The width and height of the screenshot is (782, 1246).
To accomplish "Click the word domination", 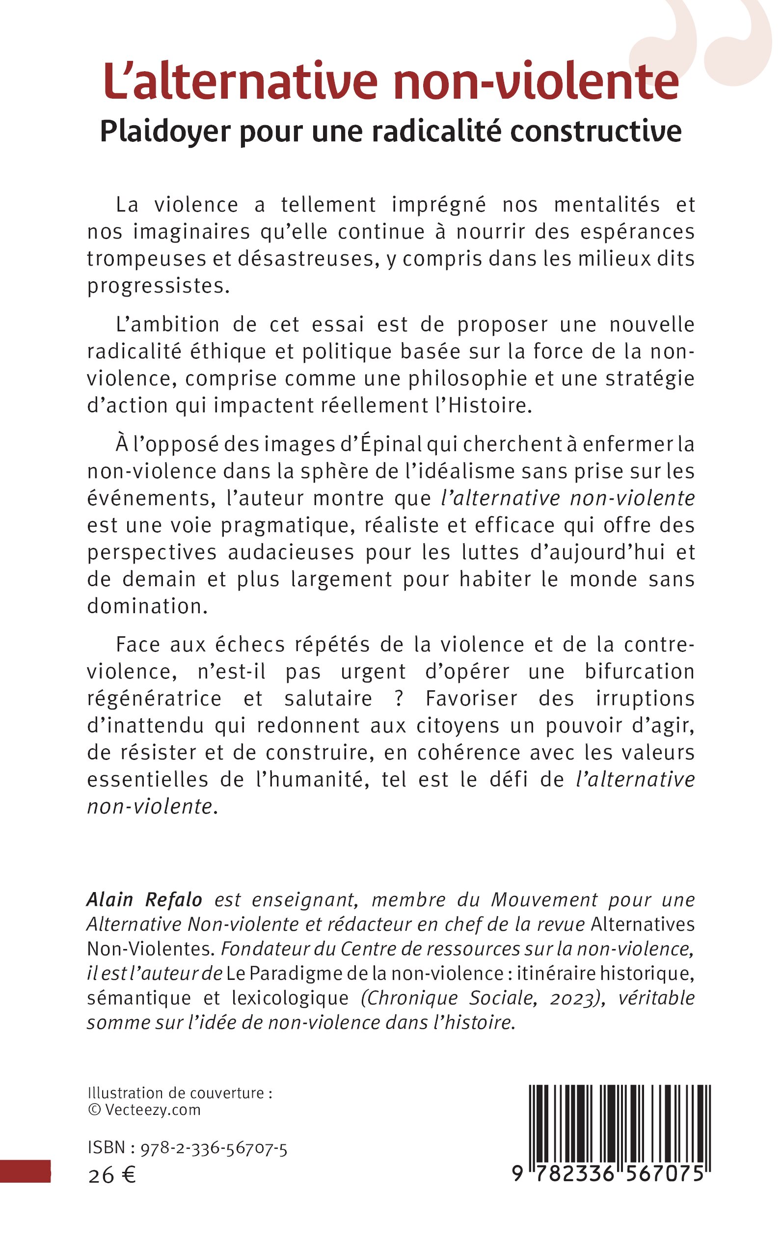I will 147,606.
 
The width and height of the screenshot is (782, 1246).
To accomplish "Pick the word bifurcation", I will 639,672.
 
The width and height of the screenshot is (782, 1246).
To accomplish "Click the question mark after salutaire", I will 399,698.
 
